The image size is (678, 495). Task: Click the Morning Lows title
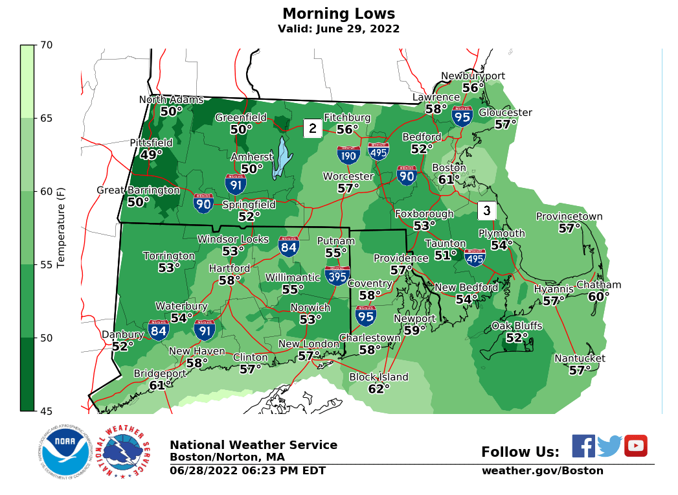click(x=339, y=14)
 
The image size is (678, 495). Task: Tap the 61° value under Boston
click(x=449, y=179)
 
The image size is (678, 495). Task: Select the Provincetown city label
click(x=569, y=216)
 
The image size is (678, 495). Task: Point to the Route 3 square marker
click(x=487, y=210)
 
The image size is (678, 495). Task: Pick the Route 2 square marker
click(x=312, y=128)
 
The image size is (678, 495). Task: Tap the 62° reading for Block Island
click(x=379, y=389)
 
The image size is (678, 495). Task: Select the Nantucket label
click(x=580, y=358)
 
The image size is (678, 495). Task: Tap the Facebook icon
click(x=583, y=446)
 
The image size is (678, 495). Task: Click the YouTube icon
click(x=635, y=446)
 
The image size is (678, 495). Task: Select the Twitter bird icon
click(x=609, y=446)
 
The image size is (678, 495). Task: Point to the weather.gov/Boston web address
click(x=542, y=471)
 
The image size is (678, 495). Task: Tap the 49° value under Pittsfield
click(x=151, y=155)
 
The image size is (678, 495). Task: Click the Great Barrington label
click(x=138, y=190)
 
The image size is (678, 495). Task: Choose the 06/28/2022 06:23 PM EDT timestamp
click(x=247, y=471)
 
